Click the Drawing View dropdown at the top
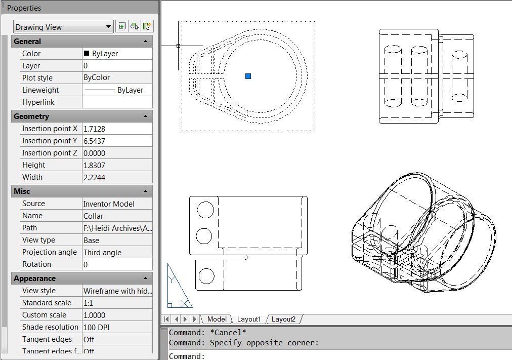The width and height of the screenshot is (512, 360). click(x=63, y=27)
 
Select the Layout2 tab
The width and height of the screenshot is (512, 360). click(x=283, y=319)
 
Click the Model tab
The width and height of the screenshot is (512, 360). click(x=217, y=319)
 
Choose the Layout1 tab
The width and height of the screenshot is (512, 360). click(x=248, y=319)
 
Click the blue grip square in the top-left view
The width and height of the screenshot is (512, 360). click(x=248, y=76)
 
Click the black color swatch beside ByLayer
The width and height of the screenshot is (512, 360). click(x=87, y=53)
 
